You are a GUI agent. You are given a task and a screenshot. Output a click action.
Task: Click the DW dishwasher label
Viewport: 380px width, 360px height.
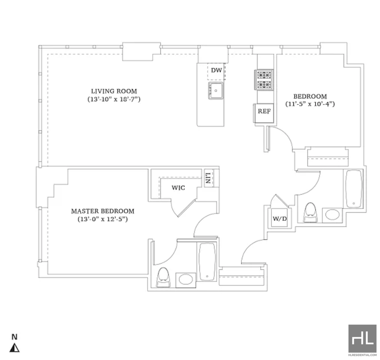217,70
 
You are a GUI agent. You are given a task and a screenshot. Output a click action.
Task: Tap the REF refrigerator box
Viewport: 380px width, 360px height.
264,113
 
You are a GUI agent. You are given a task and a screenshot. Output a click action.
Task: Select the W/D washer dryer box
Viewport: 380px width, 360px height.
279,218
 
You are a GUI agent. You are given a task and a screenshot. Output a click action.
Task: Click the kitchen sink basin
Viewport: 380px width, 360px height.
216,91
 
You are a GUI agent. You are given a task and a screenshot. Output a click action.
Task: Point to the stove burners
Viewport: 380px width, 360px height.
264,80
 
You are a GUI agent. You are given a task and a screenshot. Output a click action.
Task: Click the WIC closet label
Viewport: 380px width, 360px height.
179,188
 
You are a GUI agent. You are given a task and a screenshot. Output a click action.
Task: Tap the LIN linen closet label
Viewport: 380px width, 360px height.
208,178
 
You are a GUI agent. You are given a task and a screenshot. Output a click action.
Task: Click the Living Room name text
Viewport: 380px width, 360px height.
114,91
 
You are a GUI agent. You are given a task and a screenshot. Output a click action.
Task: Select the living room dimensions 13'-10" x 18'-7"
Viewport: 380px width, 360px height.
114,99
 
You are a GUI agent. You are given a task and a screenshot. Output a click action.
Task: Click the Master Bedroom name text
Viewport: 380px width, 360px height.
103,211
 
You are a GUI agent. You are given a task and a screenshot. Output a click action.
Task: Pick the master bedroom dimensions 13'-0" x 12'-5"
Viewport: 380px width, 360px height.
103,219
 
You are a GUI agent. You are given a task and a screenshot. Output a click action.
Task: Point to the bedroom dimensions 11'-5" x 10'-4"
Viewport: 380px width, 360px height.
310,104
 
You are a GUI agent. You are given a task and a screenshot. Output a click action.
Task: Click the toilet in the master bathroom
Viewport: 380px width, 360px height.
163,278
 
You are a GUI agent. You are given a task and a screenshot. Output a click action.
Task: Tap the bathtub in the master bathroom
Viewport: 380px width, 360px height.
207,261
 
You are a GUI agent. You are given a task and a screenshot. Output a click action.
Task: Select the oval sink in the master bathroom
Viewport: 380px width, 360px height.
186,279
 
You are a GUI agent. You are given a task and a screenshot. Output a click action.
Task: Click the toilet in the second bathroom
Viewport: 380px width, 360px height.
311,212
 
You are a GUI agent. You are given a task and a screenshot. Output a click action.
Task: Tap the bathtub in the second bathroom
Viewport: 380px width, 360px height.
354,189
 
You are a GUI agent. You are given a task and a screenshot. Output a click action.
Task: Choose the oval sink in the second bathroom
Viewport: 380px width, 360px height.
332,215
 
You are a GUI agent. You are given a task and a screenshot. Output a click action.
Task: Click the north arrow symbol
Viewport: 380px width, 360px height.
15,348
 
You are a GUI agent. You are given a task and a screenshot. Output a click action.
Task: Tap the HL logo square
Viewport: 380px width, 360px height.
362,339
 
